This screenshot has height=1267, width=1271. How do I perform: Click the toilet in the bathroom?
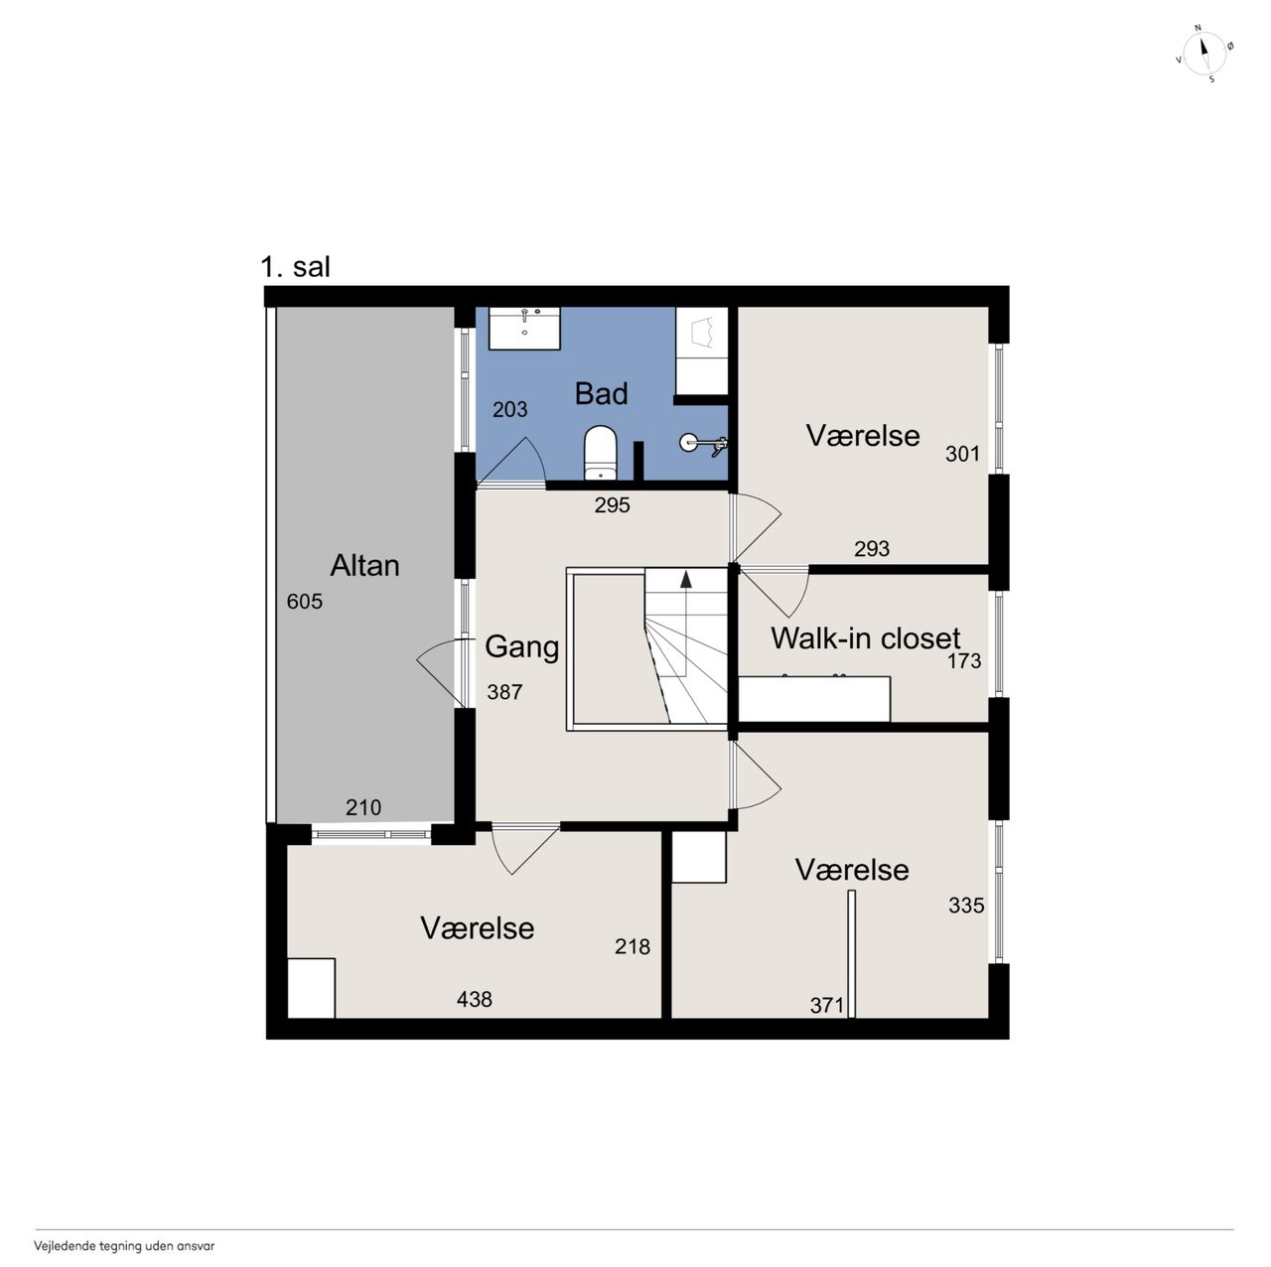point(600,453)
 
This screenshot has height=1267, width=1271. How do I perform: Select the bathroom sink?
point(523,328)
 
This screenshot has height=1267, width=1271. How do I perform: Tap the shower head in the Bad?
point(703,443)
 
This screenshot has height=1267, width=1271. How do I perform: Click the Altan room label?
point(364,566)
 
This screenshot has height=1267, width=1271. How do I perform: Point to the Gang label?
point(521,647)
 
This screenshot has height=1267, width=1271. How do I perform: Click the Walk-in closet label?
point(865,638)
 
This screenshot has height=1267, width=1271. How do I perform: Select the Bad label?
point(601,394)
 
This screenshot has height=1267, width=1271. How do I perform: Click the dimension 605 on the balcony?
point(304,602)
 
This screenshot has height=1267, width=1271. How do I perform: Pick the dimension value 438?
point(475,999)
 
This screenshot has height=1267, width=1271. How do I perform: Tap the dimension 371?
point(827,1005)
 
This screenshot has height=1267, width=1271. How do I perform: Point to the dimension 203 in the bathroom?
point(509,409)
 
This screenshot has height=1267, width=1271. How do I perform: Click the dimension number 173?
point(964,661)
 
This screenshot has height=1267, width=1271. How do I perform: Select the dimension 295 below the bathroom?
point(612,505)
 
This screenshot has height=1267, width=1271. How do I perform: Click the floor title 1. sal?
point(295,267)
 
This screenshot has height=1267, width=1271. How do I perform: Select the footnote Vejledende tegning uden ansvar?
point(124,1246)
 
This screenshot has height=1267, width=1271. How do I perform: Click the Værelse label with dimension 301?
point(863,436)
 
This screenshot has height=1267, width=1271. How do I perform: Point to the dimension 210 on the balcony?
point(363,807)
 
